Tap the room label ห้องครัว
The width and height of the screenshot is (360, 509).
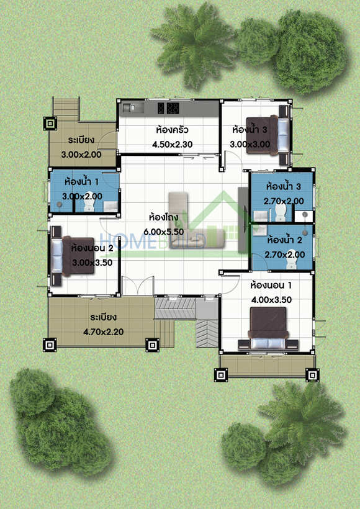click(x=172, y=130)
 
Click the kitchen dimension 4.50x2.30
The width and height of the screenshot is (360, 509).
click(x=173, y=144)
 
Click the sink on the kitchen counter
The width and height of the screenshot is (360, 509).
click(x=132, y=108)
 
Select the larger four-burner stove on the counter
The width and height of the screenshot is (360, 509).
click(x=173, y=108)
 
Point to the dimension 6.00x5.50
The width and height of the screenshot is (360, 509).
click(x=164, y=232)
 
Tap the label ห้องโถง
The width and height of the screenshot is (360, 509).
click(x=163, y=217)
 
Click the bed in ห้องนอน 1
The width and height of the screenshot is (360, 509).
click(x=268, y=329)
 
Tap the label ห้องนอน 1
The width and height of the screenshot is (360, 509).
click(x=271, y=286)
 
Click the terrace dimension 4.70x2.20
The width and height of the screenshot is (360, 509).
click(x=103, y=332)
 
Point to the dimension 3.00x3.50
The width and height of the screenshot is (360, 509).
click(x=92, y=263)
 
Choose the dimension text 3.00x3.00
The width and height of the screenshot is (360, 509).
click(x=250, y=144)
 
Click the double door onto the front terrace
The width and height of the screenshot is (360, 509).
click(x=137, y=286)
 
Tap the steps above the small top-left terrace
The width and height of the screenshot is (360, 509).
click(x=66, y=109)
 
